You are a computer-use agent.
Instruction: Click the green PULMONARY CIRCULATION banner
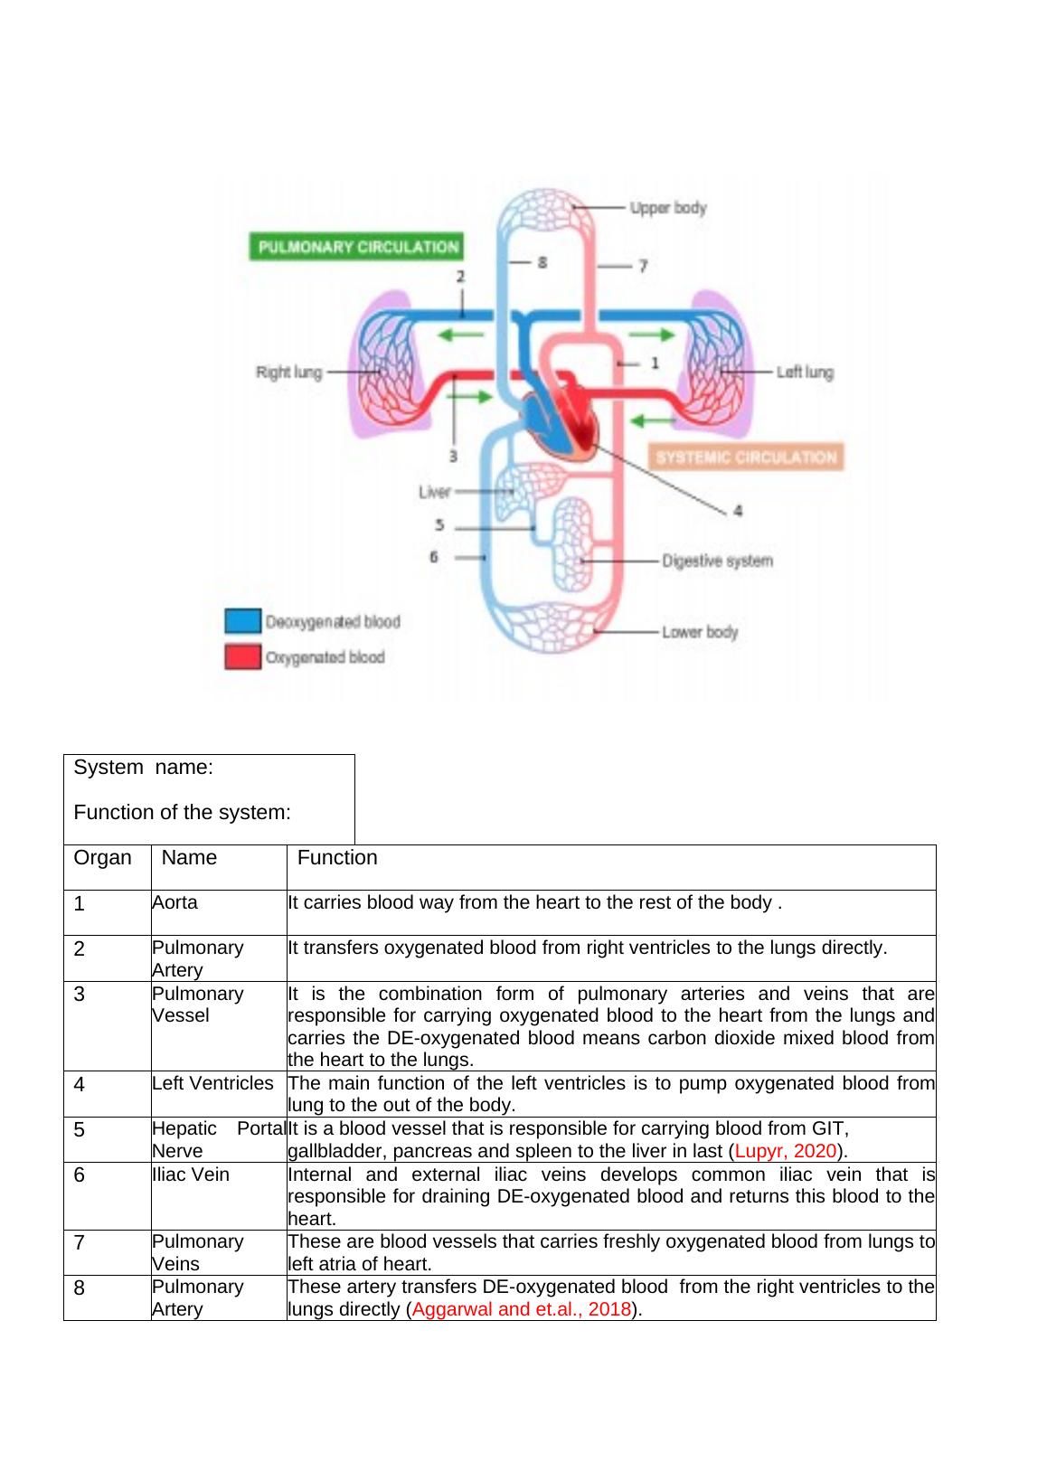[x=355, y=247]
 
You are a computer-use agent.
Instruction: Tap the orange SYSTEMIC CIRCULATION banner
[x=746, y=457]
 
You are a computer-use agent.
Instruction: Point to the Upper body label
[x=668, y=208]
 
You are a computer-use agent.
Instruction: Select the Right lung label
[x=289, y=372]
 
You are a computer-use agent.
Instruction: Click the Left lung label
[x=805, y=372]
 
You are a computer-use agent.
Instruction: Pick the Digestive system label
[x=717, y=561]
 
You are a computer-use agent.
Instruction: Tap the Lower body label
[x=700, y=631]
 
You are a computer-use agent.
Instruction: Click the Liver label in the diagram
[x=435, y=492]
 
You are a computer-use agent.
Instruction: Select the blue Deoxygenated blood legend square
[x=242, y=621]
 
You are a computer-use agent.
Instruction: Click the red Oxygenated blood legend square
[x=242, y=657]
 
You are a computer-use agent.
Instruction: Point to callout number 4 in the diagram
[x=738, y=511]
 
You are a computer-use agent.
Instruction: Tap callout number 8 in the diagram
[x=542, y=263]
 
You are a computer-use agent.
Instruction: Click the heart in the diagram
[x=561, y=416]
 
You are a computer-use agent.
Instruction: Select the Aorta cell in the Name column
[x=175, y=902]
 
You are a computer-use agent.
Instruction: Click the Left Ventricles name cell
[x=212, y=1083]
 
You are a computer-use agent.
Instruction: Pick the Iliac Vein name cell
[x=191, y=1174]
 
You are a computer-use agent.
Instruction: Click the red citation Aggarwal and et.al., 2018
[x=521, y=1309]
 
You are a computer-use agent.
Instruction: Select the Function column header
[x=337, y=857]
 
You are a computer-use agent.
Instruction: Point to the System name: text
[x=143, y=768]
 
